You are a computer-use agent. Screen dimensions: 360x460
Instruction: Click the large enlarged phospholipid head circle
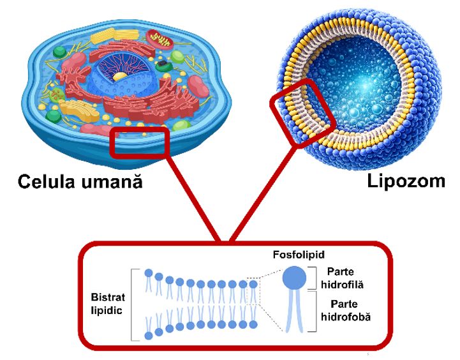click(294, 276)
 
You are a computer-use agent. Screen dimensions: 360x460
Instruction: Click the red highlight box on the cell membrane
click(140, 142)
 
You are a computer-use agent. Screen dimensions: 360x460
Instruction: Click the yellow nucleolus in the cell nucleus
click(119, 76)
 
